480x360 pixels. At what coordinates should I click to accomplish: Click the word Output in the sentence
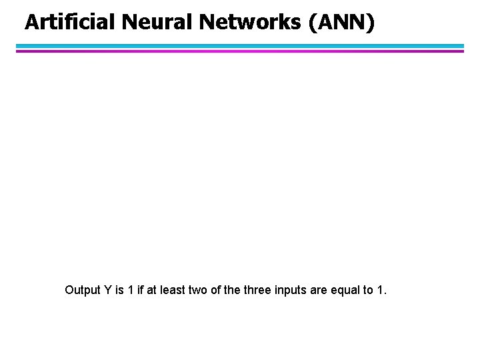(x=82, y=290)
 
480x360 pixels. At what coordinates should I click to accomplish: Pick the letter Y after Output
(x=106, y=290)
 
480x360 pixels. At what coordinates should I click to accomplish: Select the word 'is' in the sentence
(x=118, y=290)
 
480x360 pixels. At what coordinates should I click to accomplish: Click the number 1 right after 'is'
(x=130, y=290)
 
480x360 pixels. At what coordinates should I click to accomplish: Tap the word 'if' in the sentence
(x=140, y=290)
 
